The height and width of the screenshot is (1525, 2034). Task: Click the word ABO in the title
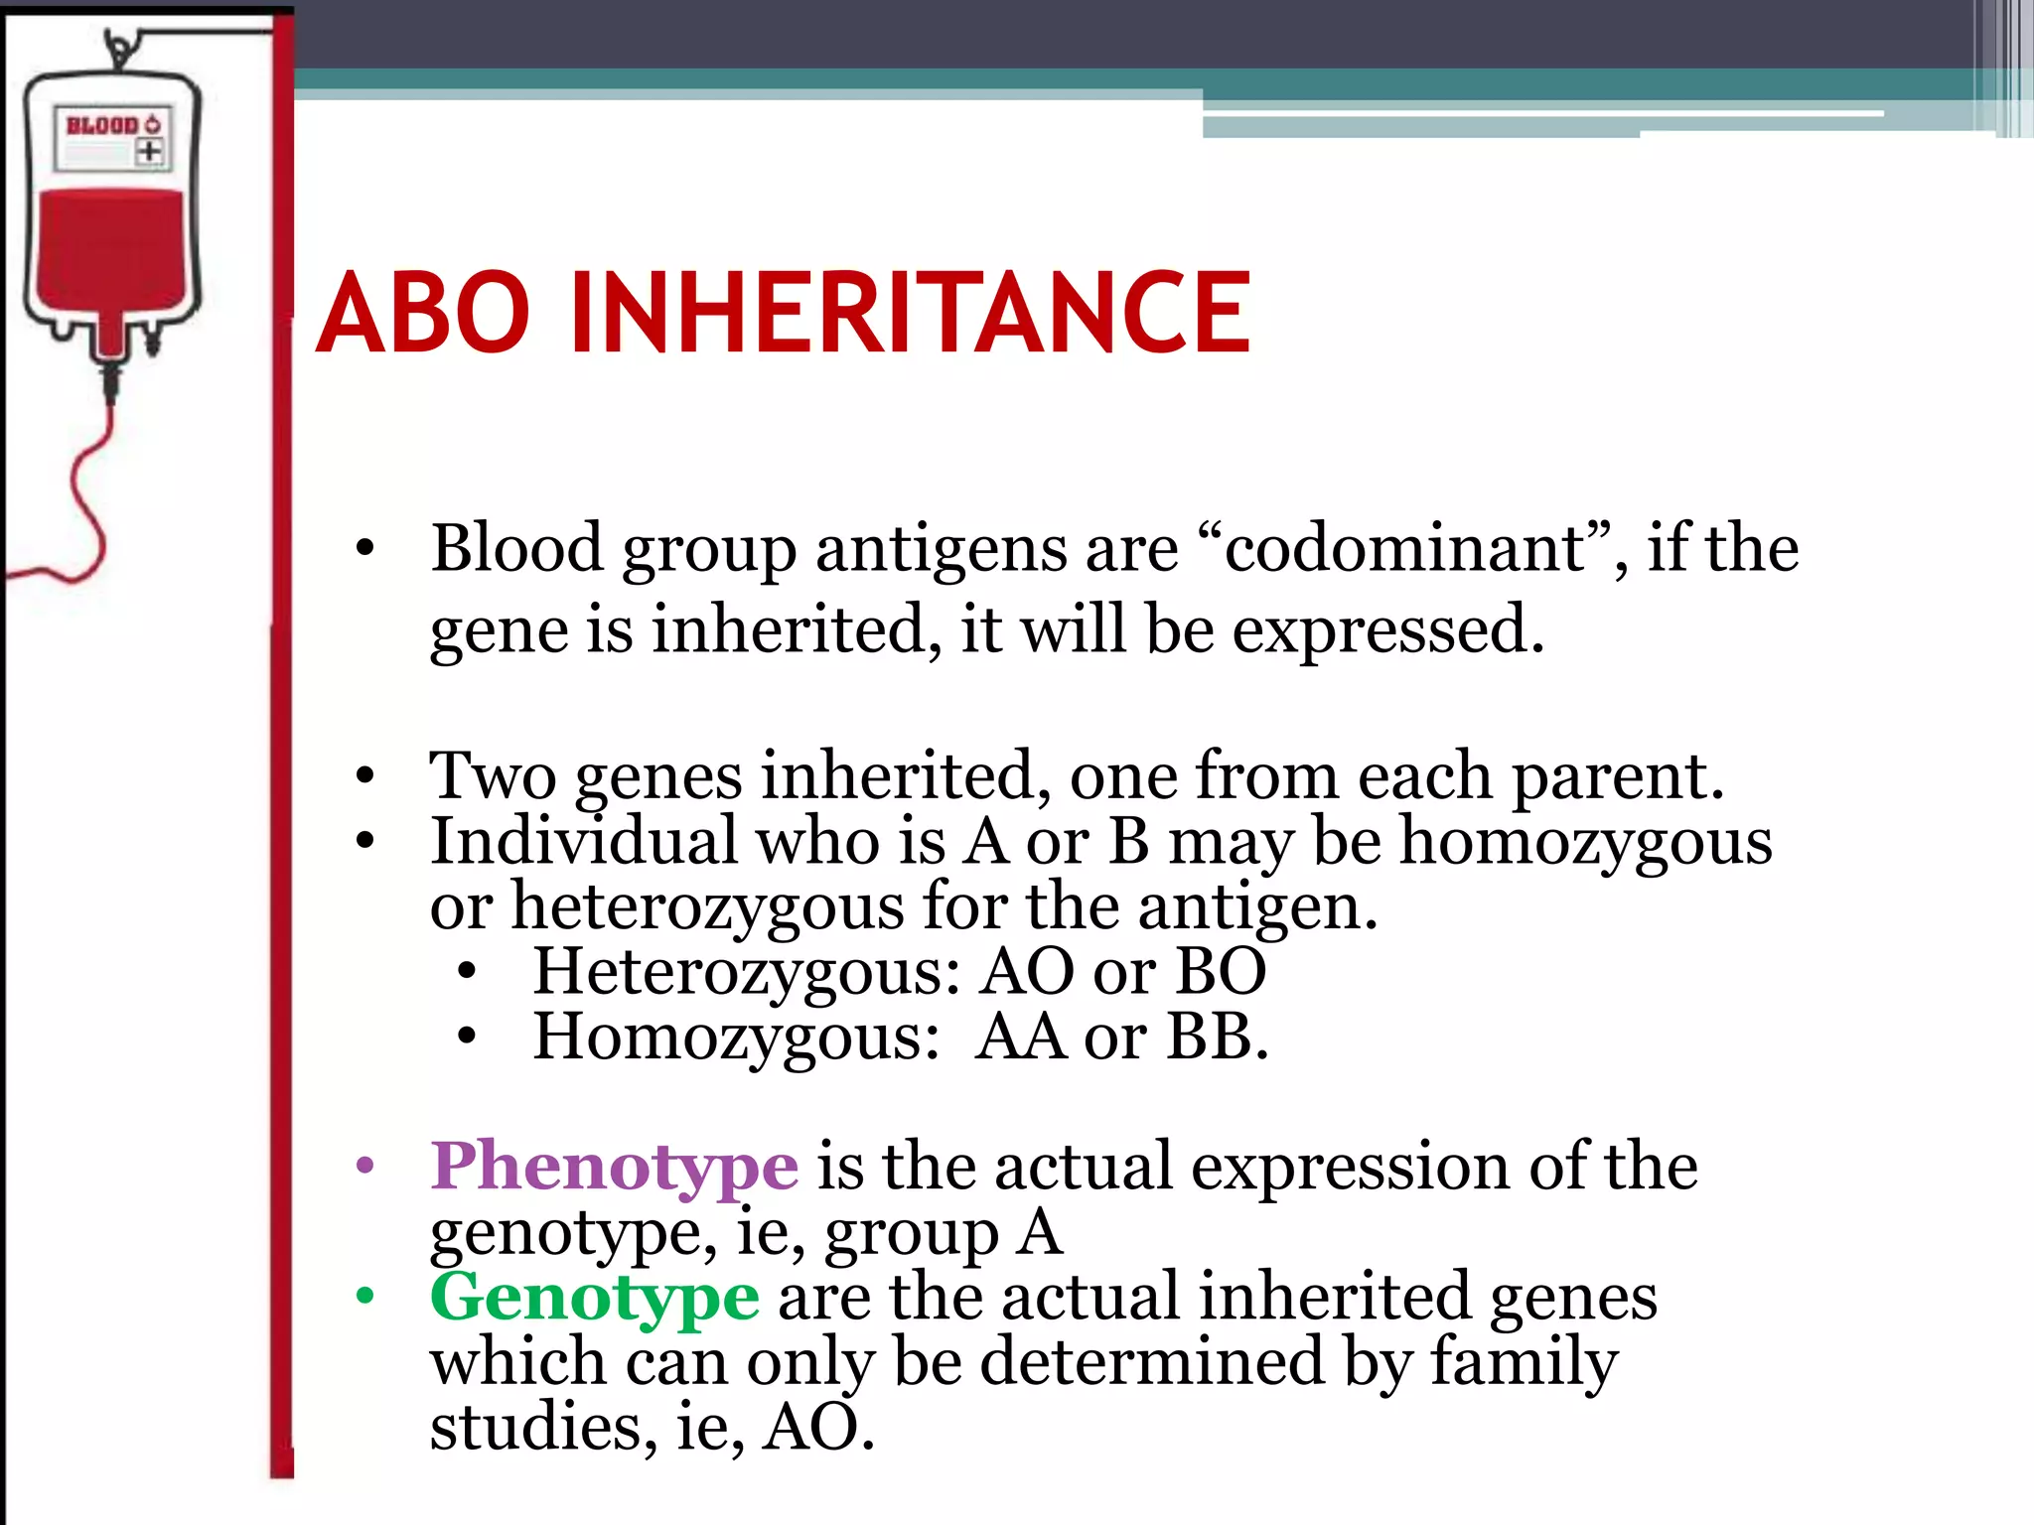pos(423,314)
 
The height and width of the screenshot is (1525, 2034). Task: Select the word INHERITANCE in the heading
pos(910,314)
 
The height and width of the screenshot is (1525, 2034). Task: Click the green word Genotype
pos(595,1297)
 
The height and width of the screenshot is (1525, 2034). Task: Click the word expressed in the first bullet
pos(1388,629)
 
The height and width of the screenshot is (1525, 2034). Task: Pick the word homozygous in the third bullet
pos(1586,842)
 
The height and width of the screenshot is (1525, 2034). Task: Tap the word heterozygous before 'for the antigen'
pos(708,906)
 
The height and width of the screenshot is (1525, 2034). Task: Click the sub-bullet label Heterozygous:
pos(747,971)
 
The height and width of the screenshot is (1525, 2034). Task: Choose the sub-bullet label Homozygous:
pos(736,1038)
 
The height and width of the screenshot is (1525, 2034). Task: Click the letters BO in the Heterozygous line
pos(1221,971)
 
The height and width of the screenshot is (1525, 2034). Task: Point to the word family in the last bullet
pos(1524,1362)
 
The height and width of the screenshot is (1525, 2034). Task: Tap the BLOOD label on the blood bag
pos(102,125)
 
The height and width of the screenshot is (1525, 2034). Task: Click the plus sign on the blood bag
pos(150,152)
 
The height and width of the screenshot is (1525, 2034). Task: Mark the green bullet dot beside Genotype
pos(365,1297)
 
